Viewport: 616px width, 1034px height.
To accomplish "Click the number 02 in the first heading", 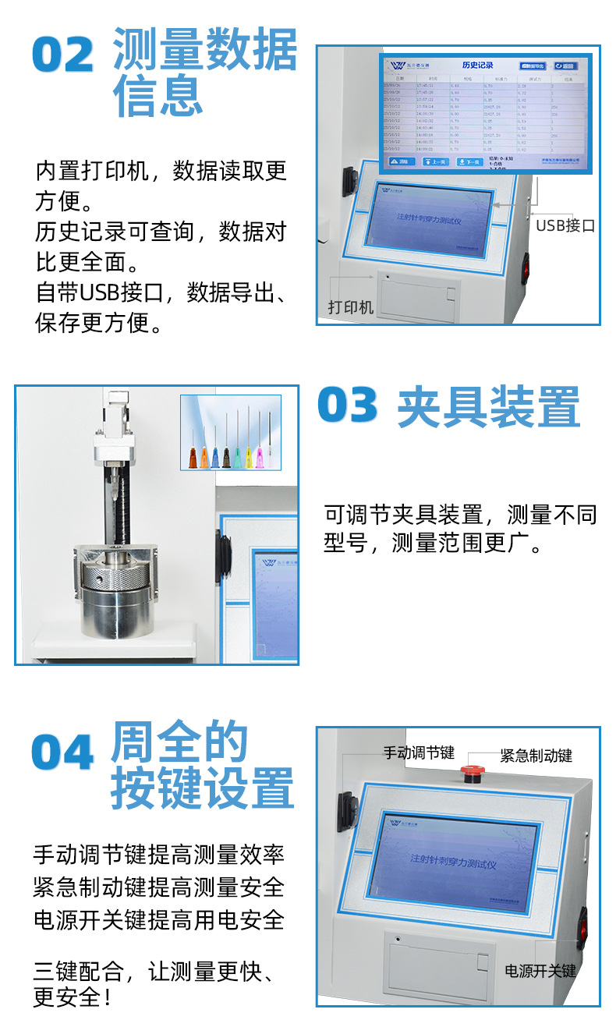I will click(x=63, y=55).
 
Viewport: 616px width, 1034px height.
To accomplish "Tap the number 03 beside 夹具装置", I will click(x=348, y=406).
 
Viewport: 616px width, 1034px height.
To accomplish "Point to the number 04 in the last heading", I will click(x=62, y=753).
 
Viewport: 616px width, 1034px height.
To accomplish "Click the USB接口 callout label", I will click(x=565, y=225).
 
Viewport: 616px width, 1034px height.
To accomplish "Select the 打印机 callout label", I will click(x=350, y=307).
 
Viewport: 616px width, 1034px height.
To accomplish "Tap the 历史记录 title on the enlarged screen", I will click(x=478, y=66).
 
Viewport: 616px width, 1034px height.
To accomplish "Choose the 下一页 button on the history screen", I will click(x=469, y=161).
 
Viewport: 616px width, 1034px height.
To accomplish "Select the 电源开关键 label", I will click(x=540, y=971).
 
